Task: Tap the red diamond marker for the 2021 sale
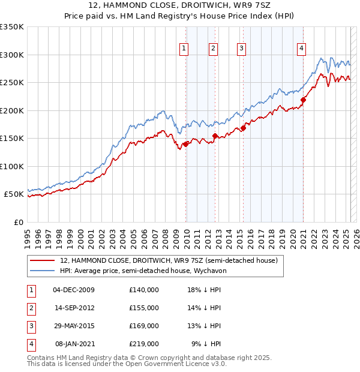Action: [304, 100]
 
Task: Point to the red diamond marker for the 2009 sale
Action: [186, 144]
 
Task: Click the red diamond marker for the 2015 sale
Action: [243, 128]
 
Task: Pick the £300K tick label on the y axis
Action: [12, 55]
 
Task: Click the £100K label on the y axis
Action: [12, 166]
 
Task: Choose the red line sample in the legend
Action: [42, 261]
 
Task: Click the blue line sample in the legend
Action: [42, 271]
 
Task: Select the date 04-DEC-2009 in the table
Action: [74, 290]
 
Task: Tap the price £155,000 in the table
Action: [144, 308]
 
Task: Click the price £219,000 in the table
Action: [144, 344]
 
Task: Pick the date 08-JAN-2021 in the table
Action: [74, 344]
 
